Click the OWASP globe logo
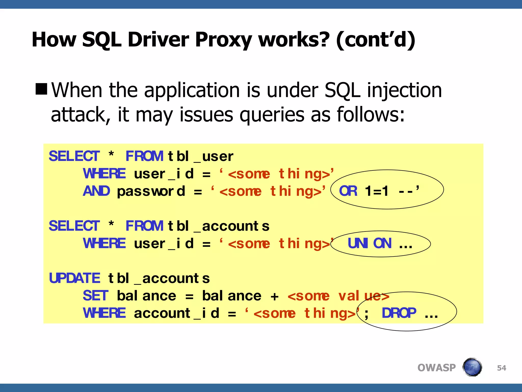coord(472,367)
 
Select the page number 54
coord(501,368)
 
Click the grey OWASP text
coord(436,368)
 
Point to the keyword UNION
coord(369,243)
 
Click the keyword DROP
coord(399,313)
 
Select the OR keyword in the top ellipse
coord(348,191)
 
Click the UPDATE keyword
coord(74,278)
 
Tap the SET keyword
coord(96,296)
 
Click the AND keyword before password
coord(96,191)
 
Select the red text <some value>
coord(338,296)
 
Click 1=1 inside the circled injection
coord(377,191)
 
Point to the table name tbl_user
coord(200,156)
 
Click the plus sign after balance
coord(275,297)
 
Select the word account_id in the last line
coord(176,313)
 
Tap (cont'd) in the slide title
coord(376,40)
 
